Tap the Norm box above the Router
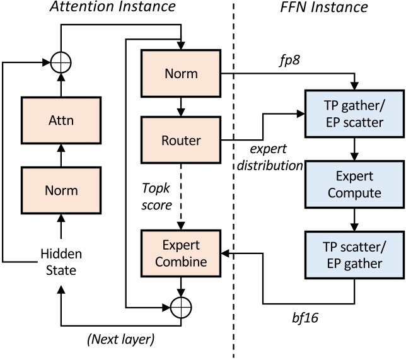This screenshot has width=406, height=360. [x=181, y=74]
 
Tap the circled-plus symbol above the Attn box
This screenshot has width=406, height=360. [x=62, y=62]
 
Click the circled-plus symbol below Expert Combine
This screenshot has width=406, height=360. [x=181, y=307]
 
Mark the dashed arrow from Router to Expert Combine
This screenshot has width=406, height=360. [x=181, y=195]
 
